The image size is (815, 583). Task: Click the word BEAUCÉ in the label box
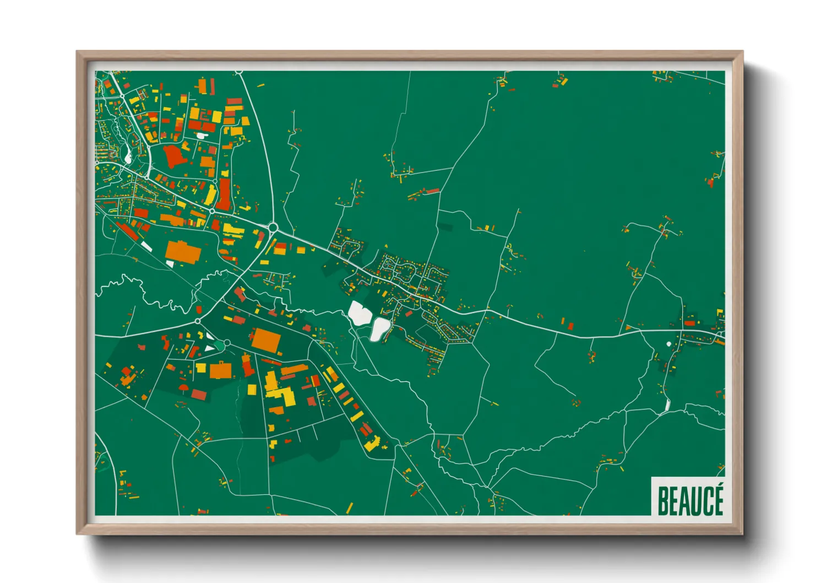690,500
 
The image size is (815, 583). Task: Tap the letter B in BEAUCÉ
662,500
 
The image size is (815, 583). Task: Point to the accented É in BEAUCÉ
717,499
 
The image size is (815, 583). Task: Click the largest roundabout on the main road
273,226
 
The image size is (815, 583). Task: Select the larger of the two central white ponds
358,313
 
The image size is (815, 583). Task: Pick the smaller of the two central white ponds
379,329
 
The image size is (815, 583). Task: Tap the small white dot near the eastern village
669,344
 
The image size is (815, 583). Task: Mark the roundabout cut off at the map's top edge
238,72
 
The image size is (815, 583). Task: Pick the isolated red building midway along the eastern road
570,326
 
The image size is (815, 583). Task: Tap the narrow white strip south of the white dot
668,404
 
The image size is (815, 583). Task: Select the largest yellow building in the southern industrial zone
286,396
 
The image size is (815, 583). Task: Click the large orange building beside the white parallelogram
183,251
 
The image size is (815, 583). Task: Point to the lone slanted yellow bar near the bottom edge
349,508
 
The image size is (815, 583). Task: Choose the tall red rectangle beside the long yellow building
224,193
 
